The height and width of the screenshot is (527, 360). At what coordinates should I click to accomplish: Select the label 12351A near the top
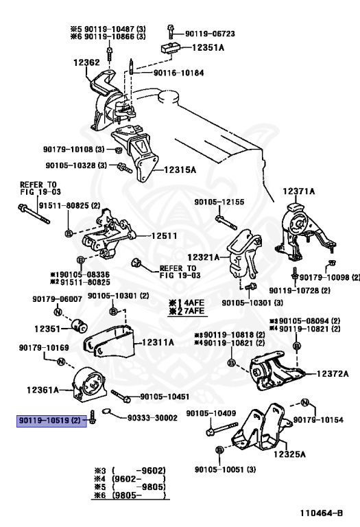[208, 48]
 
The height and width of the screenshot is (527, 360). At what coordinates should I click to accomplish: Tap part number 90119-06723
[211, 34]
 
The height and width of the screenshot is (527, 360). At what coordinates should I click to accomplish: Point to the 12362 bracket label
[86, 62]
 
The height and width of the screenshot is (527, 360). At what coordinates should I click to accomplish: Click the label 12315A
[180, 169]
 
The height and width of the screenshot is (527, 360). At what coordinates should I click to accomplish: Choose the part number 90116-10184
[179, 73]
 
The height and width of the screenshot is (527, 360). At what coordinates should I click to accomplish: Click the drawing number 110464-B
[322, 513]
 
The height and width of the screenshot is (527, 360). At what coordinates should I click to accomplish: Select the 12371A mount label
[299, 191]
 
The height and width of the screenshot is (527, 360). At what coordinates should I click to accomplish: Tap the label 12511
[164, 235]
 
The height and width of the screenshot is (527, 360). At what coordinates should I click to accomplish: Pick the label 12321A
[204, 257]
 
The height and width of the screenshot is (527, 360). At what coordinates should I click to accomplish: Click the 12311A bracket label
[158, 342]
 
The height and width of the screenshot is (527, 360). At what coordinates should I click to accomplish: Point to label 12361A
[43, 390]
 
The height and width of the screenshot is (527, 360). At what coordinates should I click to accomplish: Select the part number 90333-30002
[152, 418]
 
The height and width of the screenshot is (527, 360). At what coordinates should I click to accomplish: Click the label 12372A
[333, 373]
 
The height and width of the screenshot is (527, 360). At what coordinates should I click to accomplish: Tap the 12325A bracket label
[289, 454]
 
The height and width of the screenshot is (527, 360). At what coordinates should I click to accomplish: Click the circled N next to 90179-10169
[60, 362]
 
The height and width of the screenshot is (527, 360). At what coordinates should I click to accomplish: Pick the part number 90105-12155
[219, 202]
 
